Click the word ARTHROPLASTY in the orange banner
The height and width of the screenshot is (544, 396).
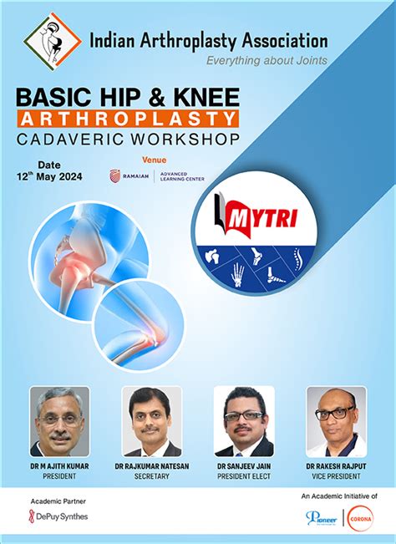pyautogui.click(x=127, y=119)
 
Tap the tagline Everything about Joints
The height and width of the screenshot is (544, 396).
pyautogui.click(x=267, y=59)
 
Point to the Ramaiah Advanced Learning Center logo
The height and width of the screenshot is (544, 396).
pyautogui.click(x=156, y=175)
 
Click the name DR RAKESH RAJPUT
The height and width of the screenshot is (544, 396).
pyautogui.click(x=336, y=465)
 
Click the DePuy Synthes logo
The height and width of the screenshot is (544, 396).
pyautogui.click(x=58, y=516)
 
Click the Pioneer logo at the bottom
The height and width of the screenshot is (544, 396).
pyautogui.click(x=322, y=518)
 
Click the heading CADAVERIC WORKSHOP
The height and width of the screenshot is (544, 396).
pyautogui.click(x=127, y=138)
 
